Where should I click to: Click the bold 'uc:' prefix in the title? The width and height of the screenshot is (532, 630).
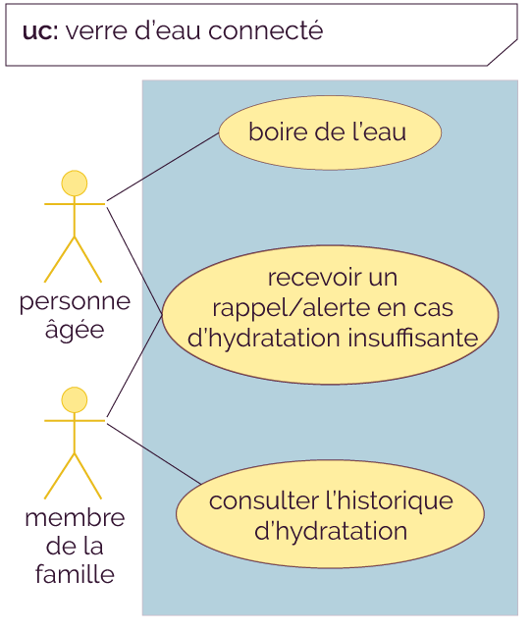(40, 31)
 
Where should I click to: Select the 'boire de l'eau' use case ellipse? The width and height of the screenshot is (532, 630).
(330, 132)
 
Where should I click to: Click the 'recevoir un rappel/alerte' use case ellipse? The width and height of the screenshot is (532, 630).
(330, 315)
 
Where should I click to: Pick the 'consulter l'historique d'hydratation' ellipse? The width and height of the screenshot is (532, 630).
(330, 514)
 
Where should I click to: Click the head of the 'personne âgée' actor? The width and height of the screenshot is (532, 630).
(75, 184)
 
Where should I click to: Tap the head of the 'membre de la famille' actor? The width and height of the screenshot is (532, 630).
(75, 399)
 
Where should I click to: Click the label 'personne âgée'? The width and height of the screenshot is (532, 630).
(75, 316)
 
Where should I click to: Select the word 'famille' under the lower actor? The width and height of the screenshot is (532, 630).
(75, 574)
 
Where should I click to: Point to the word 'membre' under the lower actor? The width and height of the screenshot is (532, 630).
(75, 518)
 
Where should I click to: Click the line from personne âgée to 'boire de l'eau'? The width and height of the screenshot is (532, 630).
(163, 167)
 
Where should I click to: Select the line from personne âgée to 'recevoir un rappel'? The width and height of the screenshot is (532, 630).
(134, 261)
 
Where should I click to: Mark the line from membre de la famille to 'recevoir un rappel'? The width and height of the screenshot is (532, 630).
(134, 366)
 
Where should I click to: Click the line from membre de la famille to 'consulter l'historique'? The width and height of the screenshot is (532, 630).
(153, 453)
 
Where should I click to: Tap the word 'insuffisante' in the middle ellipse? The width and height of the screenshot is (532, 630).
(413, 338)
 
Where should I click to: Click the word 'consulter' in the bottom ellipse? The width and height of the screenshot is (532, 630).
(264, 501)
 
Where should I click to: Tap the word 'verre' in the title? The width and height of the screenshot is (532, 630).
(96, 31)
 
